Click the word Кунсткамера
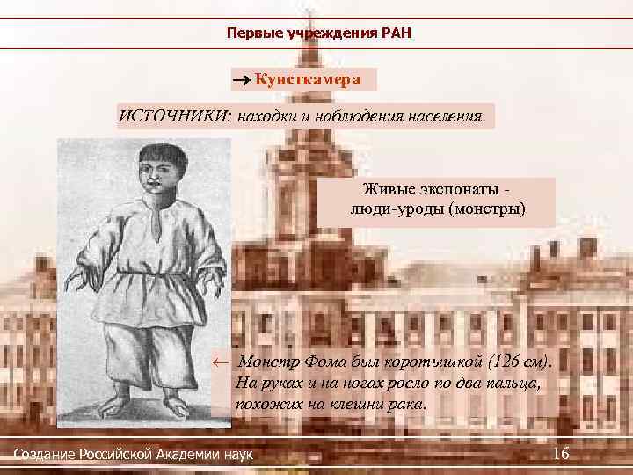point(308,79)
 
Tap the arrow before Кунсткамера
point(242,80)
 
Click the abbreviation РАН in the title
point(397,33)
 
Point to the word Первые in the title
point(253,33)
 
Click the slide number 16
point(561,452)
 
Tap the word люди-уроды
point(389,209)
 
